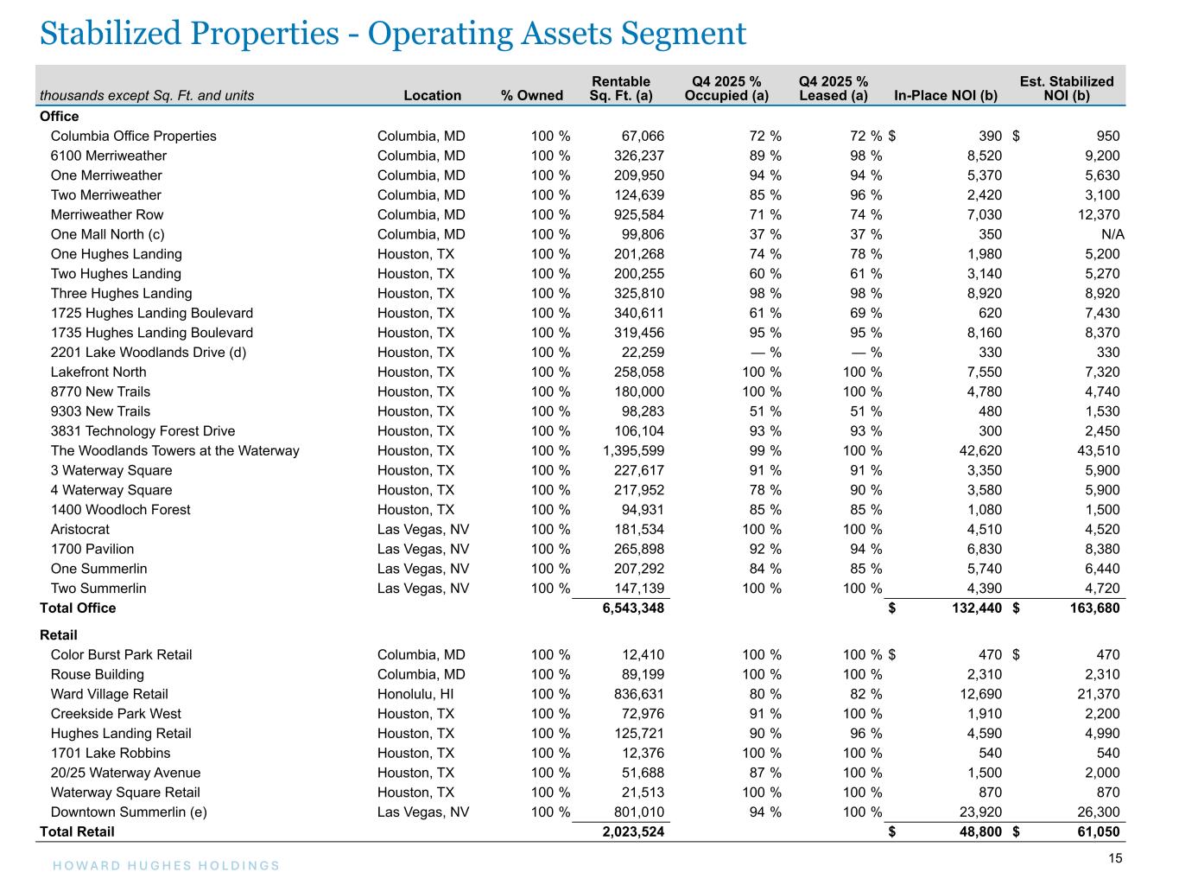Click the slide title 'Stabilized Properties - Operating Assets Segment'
pyautogui.click(x=393, y=34)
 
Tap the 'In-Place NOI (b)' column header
pyautogui.click(x=946, y=95)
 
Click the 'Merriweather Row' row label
pyautogui.click(x=107, y=214)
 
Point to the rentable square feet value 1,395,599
pyautogui.click(x=633, y=450)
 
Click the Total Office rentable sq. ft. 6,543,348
pyautogui.click(x=633, y=608)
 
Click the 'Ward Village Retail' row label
pyautogui.click(x=110, y=694)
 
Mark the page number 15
pyautogui.click(x=1115, y=858)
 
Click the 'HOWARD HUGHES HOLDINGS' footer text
pyautogui.click(x=166, y=866)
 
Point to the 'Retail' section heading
pyautogui.click(x=57, y=635)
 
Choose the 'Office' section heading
pyautogui.click(x=60, y=116)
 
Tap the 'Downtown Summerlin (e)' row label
pyautogui.click(x=129, y=812)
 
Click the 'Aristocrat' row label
pyautogui.click(x=80, y=529)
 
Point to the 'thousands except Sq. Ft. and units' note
pyautogui.click(x=147, y=95)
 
